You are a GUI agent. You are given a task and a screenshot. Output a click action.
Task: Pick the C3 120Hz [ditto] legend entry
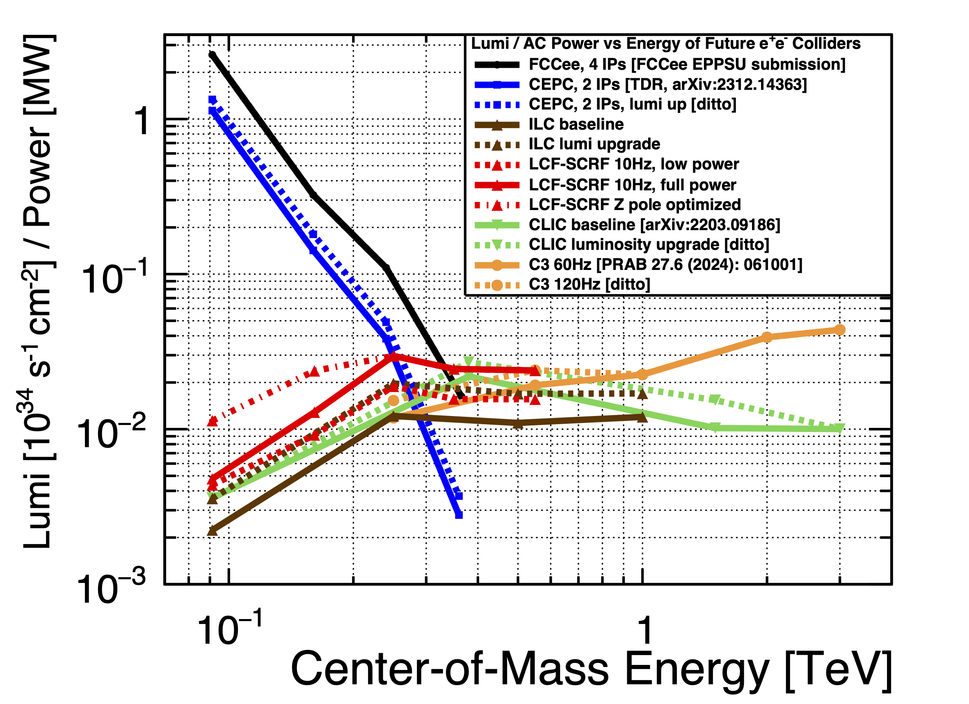click(589, 284)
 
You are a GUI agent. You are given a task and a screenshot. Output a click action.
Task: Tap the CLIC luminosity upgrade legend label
click(649, 245)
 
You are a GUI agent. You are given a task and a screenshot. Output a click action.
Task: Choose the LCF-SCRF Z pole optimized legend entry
click(635, 205)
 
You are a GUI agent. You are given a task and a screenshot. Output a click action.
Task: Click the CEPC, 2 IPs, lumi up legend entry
click(632, 104)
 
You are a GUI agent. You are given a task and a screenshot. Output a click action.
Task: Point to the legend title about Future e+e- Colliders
click(666, 44)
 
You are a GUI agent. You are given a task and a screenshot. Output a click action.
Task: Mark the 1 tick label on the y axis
click(142, 121)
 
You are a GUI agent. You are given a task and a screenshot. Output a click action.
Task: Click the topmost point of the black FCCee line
click(212, 55)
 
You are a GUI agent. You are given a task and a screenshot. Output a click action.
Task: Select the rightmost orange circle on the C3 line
click(839, 330)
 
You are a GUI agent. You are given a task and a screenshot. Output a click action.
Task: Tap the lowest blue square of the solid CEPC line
click(459, 515)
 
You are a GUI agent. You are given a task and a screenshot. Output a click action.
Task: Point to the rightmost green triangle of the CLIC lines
click(839, 428)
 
